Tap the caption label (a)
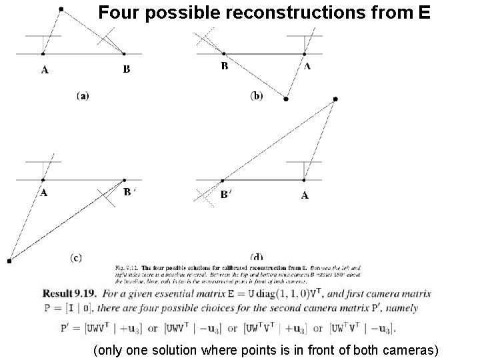tap(83, 96)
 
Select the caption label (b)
tap(257, 96)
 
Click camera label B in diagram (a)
tap(127, 68)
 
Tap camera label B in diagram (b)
tap(225, 66)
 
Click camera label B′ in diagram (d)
tap(227, 195)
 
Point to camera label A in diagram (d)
tap(305, 195)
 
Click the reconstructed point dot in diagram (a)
tap(61, 9)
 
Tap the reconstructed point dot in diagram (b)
tap(286, 99)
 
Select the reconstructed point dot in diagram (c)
tap(9, 261)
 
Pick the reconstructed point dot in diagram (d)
tap(335, 99)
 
